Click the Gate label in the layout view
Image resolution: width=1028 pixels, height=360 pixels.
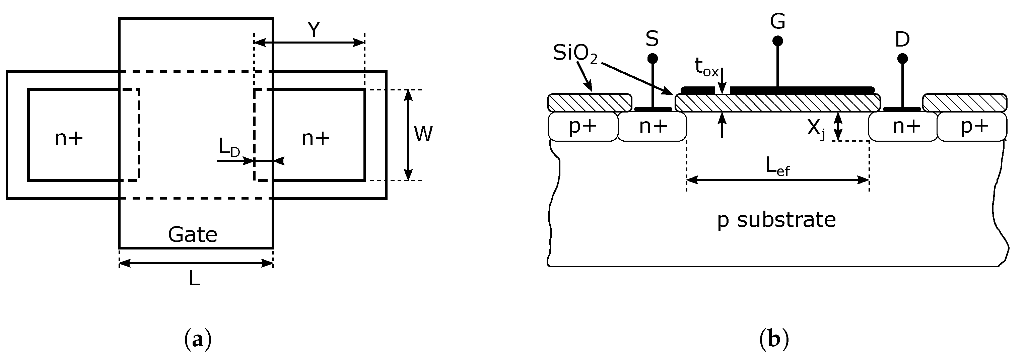192,235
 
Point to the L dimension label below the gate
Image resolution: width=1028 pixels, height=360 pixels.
194,279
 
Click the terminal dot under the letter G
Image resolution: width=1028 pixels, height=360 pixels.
777,41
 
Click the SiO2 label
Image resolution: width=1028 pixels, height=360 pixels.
575,54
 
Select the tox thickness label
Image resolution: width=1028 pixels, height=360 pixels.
706,67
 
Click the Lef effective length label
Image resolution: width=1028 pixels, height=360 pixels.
777,166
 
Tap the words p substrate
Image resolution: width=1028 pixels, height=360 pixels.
776,220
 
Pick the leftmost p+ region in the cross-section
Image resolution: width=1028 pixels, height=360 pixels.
582,127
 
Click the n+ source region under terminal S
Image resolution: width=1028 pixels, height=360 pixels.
653,127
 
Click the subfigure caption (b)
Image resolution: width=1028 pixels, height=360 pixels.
774,340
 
